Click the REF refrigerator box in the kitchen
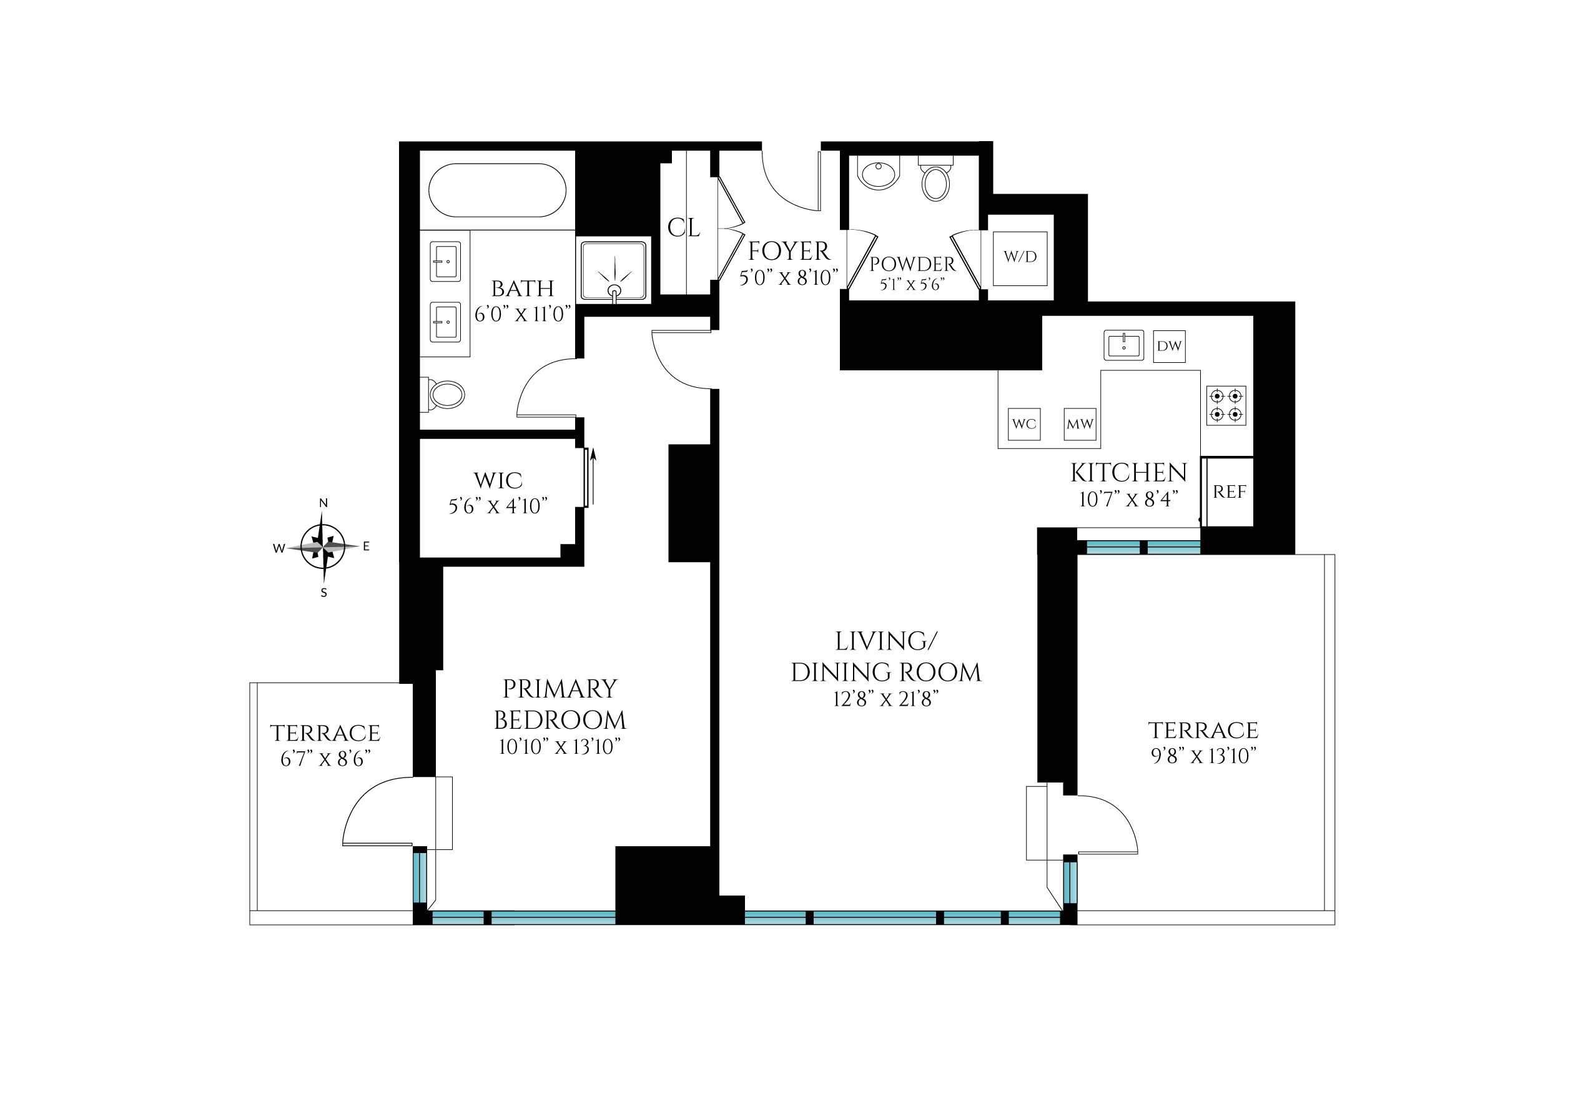pyautogui.click(x=1229, y=492)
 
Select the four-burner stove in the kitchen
pyautogui.click(x=1226, y=405)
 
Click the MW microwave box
pyautogui.click(x=1080, y=424)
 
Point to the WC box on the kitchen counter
pyautogui.click(x=1024, y=424)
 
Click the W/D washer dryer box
pyautogui.click(x=1020, y=258)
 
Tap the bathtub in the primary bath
pyautogui.click(x=497, y=190)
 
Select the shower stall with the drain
pyautogui.click(x=614, y=270)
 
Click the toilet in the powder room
pyautogui.click(x=935, y=179)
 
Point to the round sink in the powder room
pyautogui.click(x=879, y=174)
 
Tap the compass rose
pyautogui.click(x=323, y=547)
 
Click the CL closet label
pyautogui.click(x=683, y=227)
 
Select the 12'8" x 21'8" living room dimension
pyautogui.click(x=886, y=699)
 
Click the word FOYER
pyautogui.click(x=789, y=252)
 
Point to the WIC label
pyautogui.click(x=498, y=480)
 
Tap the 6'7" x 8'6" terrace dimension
pyautogui.click(x=325, y=759)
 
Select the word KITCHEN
pyautogui.click(x=1128, y=473)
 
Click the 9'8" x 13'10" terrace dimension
pyautogui.click(x=1203, y=756)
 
